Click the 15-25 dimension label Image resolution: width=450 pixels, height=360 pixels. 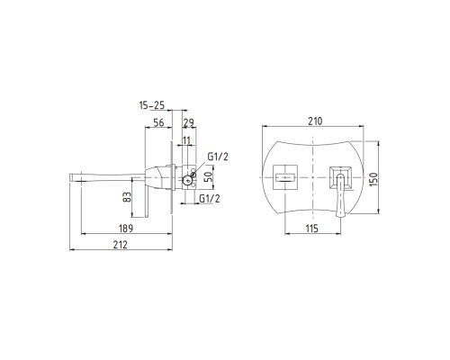tap(152, 105)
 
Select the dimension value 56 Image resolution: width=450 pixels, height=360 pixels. tap(158, 122)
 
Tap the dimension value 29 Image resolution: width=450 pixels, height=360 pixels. tap(189, 122)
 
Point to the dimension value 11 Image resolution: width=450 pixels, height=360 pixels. tap(186, 140)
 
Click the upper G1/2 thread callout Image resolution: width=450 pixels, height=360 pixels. tap(218, 157)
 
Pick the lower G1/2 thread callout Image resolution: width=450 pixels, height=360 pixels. tap(210, 198)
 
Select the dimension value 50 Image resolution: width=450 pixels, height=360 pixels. tap(208, 176)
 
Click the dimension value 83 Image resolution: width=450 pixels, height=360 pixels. tap(128, 197)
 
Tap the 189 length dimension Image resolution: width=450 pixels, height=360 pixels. tap(126, 229)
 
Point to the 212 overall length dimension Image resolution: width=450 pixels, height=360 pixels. tap(121, 245)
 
